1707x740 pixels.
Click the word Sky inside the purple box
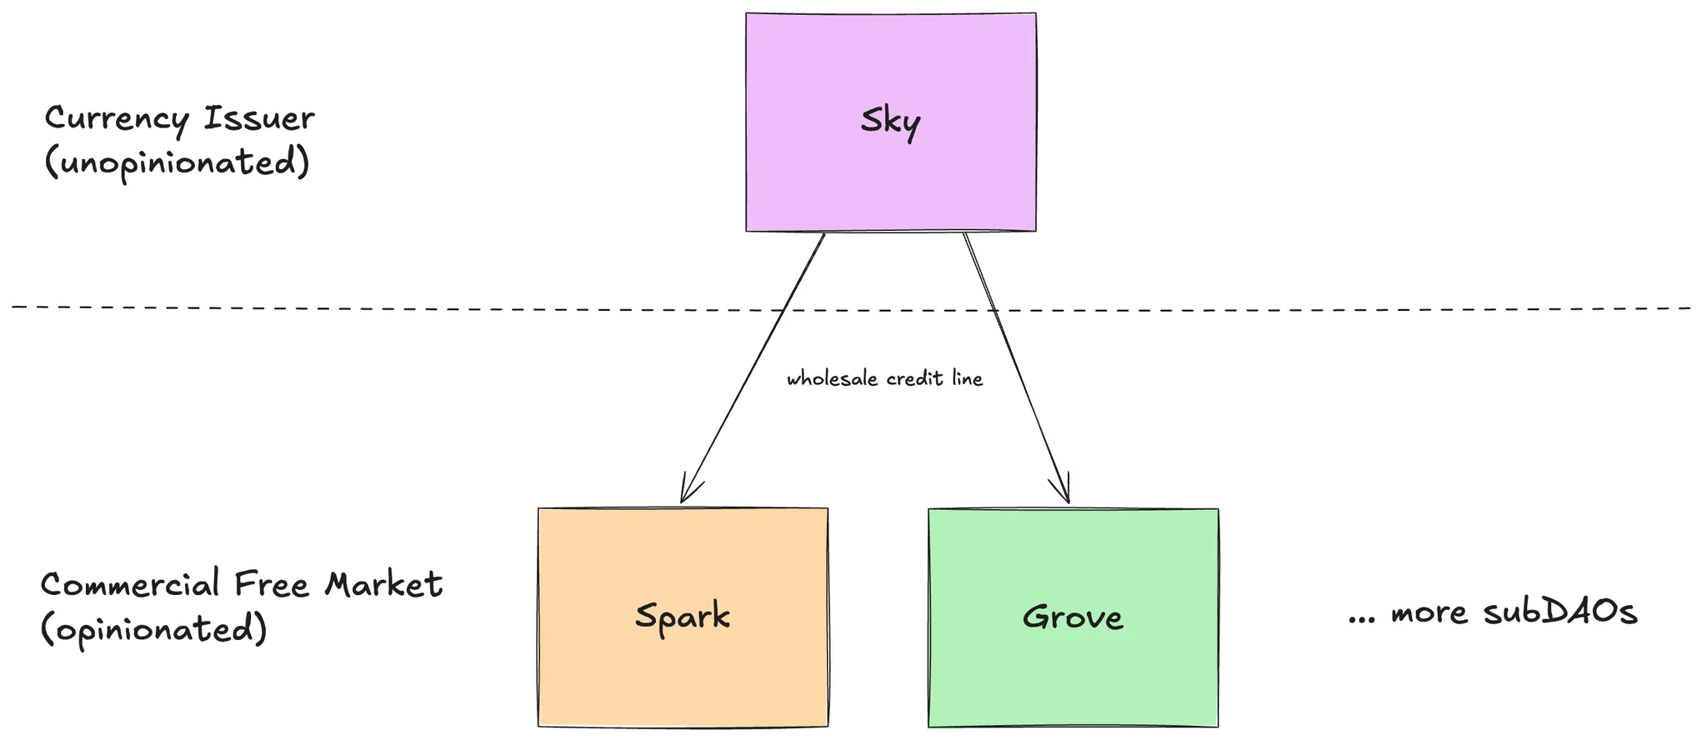pyautogui.click(x=890, y=122)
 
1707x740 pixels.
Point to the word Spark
pyautogui.click(x=683, y=617)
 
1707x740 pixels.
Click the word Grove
pyautogui.click(x=1073, y=617)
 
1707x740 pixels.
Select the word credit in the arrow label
pyautogui.click(x=914, y=379)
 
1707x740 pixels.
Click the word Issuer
pyautogui.click(x=259, y=119)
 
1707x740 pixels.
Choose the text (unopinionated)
pyautogui.click(x=177, y=162)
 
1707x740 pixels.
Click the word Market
pyautogui.click(x=383, y=584)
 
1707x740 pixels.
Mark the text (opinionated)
pyautogui.click(x=154, y=629)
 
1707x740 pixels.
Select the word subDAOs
pyautogui.click(x=1560, y=612)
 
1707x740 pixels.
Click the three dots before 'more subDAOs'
pyautogui.click(x=1361, y=620)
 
